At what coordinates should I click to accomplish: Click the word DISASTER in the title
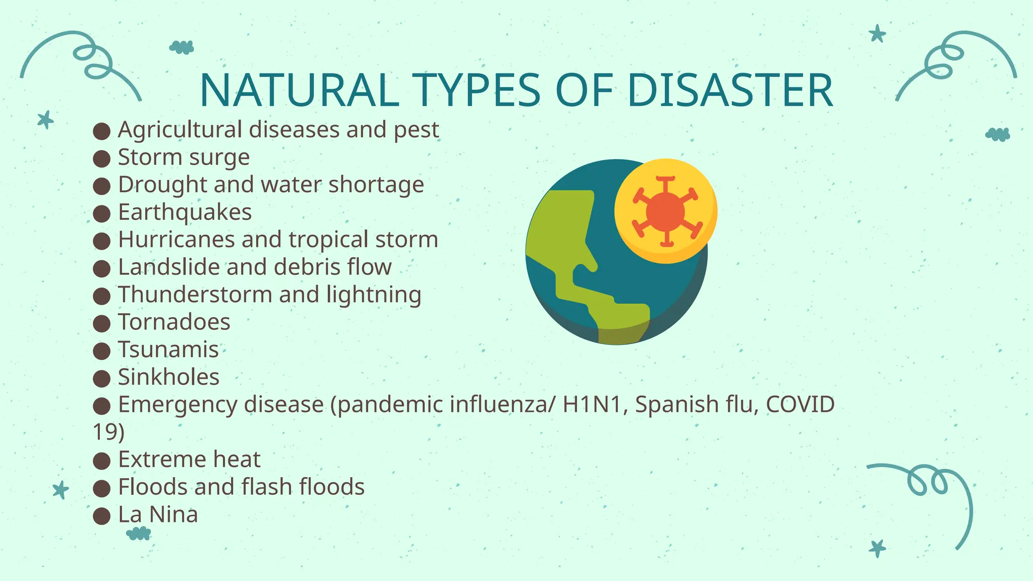point(729,91)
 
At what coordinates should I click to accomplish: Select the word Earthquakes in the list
point(185,212)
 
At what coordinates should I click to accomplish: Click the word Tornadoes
point(174,322)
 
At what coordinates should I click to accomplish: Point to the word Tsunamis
point(168,350)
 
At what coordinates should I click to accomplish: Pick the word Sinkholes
point(168,377)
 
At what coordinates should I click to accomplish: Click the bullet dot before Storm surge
point(102,159)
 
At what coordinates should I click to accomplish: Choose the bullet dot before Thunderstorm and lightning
point(102,296)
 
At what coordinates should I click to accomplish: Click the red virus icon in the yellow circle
point(666,211)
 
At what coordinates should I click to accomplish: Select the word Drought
point(162,185)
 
